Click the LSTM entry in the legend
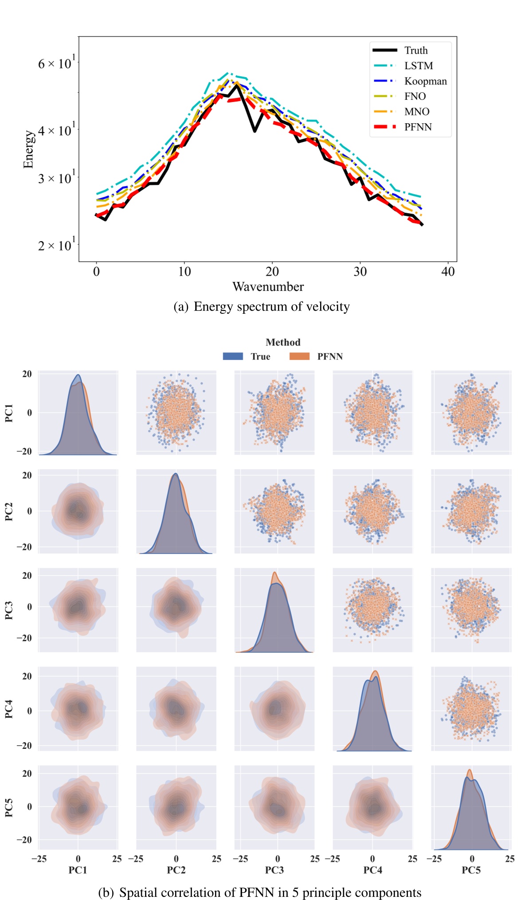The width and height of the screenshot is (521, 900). pyautogui.click(x=418, y=66)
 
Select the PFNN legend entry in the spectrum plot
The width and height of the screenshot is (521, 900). pyautogui.click(x=418, y=127)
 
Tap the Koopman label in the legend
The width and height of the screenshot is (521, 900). pyautogui.click(x=425, y=81)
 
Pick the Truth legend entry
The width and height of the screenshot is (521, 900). pyautogui.click(x=415, y=51)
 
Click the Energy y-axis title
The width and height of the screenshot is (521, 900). pyautogui.click(x=28, y=149)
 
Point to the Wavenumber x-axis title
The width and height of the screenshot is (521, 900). pyautogui.click(x=268, y=287)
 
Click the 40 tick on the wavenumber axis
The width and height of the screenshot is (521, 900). pyautogui.click(x=448, y=272)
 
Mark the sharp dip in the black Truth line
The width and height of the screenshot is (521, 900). pyautogui.click(x=255, y=131)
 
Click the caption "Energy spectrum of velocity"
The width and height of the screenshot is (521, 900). pyautogui.click(x=271, y=307)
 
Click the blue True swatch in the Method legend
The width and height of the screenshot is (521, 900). pyautogui.click(x=233, y=356)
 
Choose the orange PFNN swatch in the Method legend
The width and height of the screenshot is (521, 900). pyautogui.click(x=299, y=356)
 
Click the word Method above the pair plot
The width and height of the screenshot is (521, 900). pyautogui.click(x=283, y=342)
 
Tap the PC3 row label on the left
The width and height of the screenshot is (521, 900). pyautogui.click(x=9, y=610)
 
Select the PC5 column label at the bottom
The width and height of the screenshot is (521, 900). pyautogui.click(x=471, y=870)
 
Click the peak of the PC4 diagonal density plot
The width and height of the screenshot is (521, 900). pyautogui.click(x=376, y=671)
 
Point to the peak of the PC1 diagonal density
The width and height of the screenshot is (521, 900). pyautogui.click(x=78, y=375)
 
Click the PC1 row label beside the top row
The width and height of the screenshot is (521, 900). pyautogui.click(x=9, y=413)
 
